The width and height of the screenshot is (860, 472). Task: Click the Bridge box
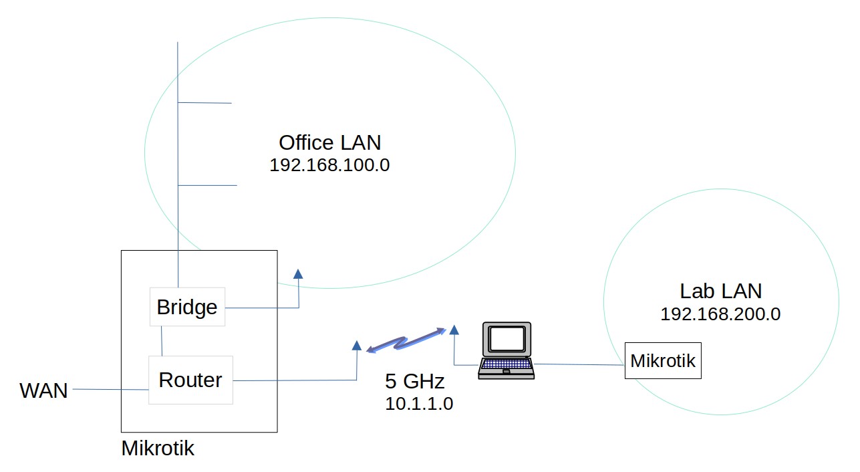pyautogui.click(x=187, y=307)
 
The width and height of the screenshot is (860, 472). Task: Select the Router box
pyautogui.click(x=190, y=380)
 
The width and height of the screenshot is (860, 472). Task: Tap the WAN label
pyautogui.click(x=44, y=390)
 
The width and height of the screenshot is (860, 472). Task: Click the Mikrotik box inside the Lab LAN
pyautogui.click(x=663, y=361)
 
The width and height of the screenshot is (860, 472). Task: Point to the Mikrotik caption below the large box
pyautogui.click(x=158, y=448)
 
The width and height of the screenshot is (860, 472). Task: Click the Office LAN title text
pyautogui.click(x=329, y=142)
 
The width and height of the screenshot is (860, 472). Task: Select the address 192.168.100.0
pyautogui.click(x=329, y=165)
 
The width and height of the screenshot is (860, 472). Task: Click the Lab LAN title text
pyautogui.click(x=720, y=291)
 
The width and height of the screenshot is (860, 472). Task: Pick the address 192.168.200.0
pyautogui.click(x=720, y=314)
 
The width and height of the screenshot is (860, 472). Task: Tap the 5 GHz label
pyautogui.click(x=414, y=382)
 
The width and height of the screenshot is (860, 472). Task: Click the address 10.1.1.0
pyautogui.click(x=419, y=404)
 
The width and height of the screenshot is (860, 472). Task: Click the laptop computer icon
pyautogui.click(x=507, y=351)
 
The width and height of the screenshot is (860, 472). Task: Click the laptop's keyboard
pyautogui.click(x=506, y=365)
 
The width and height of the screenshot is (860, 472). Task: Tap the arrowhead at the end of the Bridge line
pyautogui.click(x=298, y=273)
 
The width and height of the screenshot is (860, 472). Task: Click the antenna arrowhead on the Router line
pyautogui.click(x=356, y=346)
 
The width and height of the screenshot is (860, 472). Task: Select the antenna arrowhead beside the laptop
pyautogui.click(x=454, y=329)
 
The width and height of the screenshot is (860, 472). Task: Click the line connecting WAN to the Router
pyautogui.click(x=110, y=389)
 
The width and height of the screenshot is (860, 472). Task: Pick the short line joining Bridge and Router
pyautogui.click(x=162, y=341)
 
